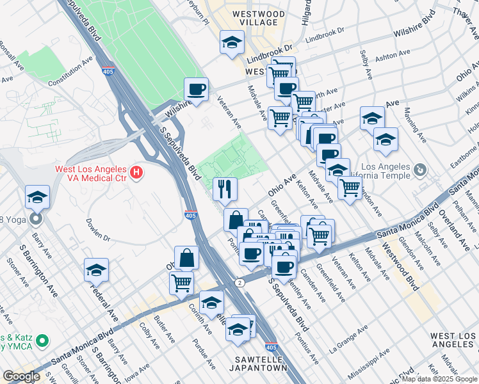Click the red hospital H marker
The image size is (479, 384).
136,172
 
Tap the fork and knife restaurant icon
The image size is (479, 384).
225,188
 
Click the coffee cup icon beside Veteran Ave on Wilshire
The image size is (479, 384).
197,89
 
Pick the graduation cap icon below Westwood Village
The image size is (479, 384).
232,42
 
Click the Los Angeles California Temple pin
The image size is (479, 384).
420,170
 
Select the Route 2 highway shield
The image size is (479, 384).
239,282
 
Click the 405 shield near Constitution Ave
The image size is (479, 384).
108,72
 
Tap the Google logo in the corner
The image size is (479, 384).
21,376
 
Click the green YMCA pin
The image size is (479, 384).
42,340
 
